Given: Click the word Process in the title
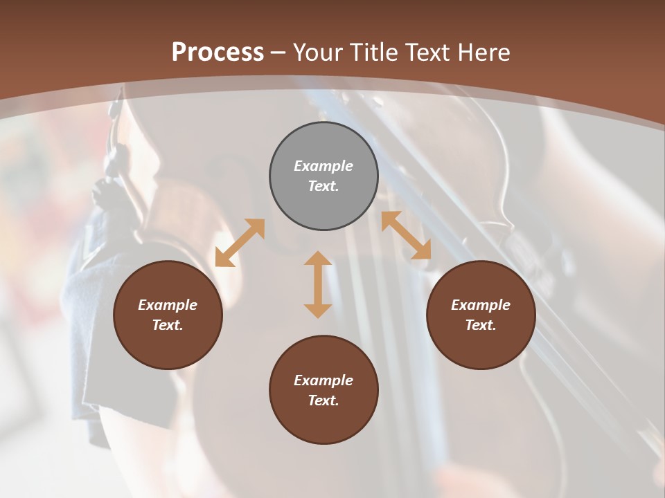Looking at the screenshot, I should click(218, 52).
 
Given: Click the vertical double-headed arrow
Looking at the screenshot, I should click(318, 284).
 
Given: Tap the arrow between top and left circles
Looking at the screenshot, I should click(240, 243).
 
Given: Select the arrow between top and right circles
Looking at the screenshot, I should click(406, 235).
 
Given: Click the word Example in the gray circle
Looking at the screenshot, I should click(323, 166).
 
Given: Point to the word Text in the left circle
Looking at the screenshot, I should click(168, 325).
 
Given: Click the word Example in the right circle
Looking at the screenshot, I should click(481, 305).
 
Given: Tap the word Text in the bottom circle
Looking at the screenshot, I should click(323, 400).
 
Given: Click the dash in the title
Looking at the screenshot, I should click(278, 53).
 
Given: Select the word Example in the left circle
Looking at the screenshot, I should click(168, 305).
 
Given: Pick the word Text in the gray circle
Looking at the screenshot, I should click(323, 186).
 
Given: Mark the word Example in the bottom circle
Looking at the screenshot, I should click(323, 380).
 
